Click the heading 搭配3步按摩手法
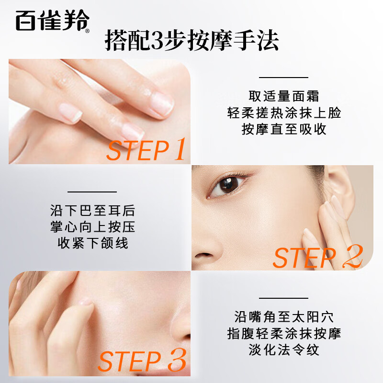point(191,41)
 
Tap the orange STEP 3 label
point(142,361)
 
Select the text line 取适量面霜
point(284,96)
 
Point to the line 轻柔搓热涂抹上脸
point(284,113)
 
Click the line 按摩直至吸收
point(284,130)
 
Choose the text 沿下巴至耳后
point(92,210)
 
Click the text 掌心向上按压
point(92,227)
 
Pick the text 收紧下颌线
point(92,243)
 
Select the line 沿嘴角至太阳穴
point(284,316)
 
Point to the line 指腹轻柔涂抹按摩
point(284,333)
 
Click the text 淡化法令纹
point(284,350)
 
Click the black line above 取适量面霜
point(284,77)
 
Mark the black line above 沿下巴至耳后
point(92,191)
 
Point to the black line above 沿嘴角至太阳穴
point(284,298)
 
